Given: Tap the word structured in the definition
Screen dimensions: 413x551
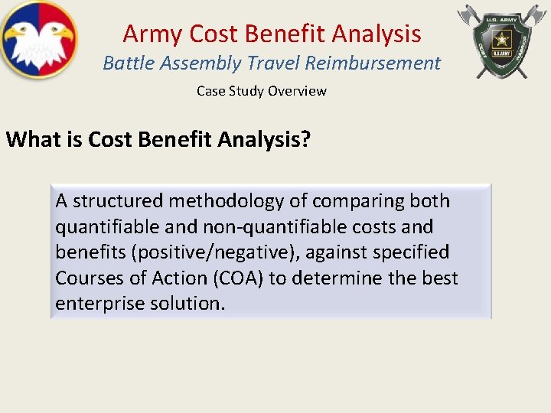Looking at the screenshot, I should point(118,202).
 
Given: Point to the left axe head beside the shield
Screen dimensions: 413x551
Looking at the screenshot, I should point(468,15).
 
